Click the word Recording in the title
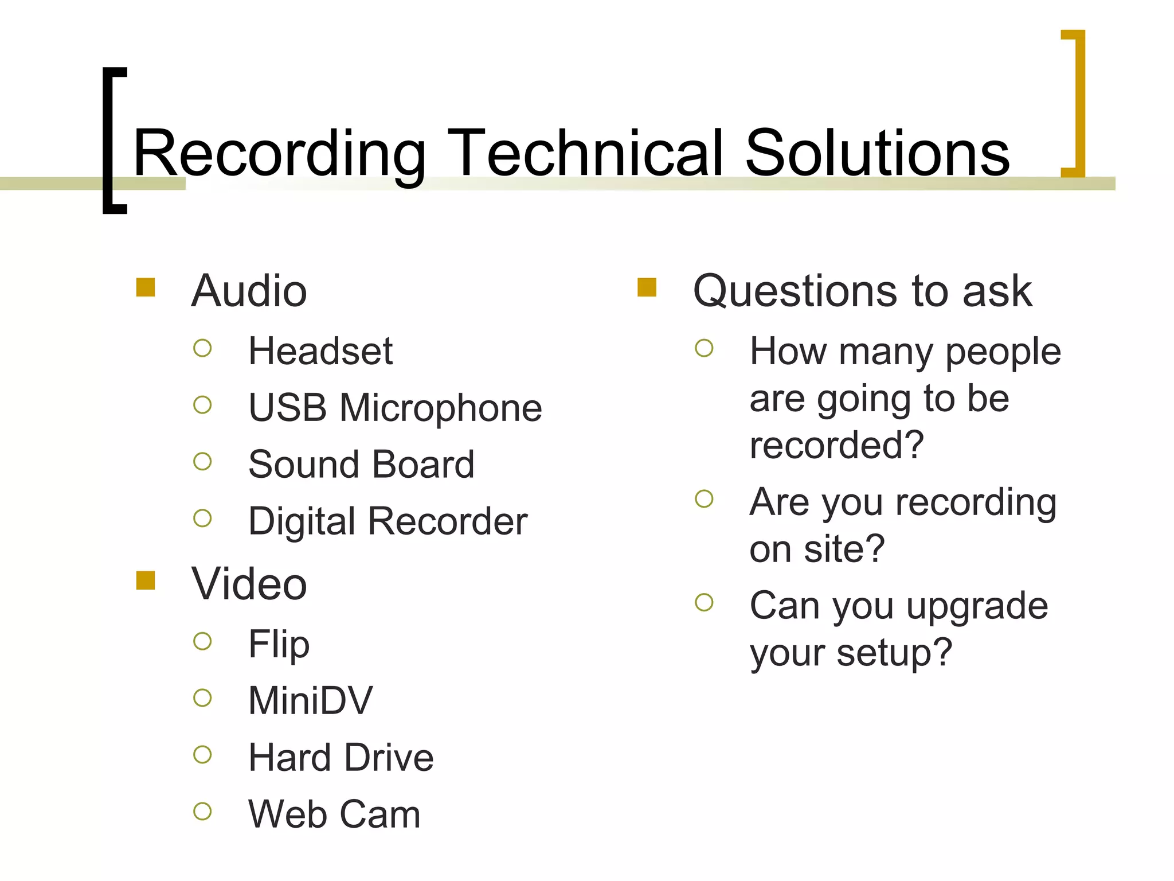coord(279,153)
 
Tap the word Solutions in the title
coord(877,153)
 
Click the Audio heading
coord(249,291)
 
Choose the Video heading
coord(249,584)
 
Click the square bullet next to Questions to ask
coord(647,287)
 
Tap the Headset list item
coord(320,351)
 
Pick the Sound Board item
coord(361,464)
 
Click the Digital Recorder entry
coord(388,521)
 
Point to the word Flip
coord(279,644)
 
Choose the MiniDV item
coord(310,700)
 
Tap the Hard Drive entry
coord(341,758)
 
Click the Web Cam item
coord(334,814)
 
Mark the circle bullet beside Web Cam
coord(202,811)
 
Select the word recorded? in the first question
coord(836,445)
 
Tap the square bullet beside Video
coord(146,580)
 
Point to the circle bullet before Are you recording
coord(704,498)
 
